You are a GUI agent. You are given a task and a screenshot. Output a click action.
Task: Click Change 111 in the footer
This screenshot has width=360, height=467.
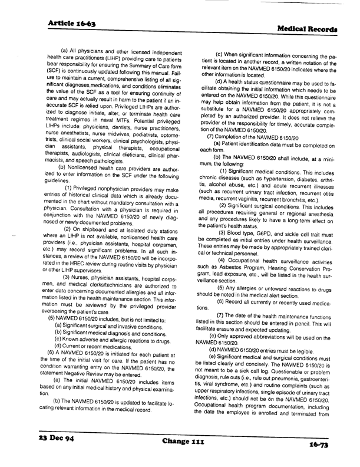click(182, 440)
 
